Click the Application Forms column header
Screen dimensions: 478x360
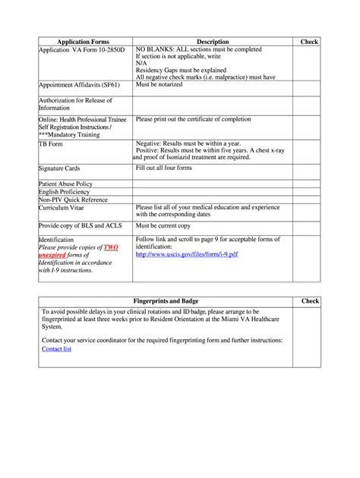(85, 42)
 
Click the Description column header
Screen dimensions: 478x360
(213, 42)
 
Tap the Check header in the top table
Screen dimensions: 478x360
(309, 42)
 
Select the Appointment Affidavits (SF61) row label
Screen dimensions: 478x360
(74, 86)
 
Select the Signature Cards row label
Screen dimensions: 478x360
(59, 168)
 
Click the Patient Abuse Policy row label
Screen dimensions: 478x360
(66, 184)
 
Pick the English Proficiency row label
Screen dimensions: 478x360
(65, 192)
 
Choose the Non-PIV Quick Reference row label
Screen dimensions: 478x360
(74, 200)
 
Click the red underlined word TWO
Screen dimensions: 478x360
(111, 247)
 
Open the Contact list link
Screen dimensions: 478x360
(57, 349)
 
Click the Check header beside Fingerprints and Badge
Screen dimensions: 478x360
(309, 302)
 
